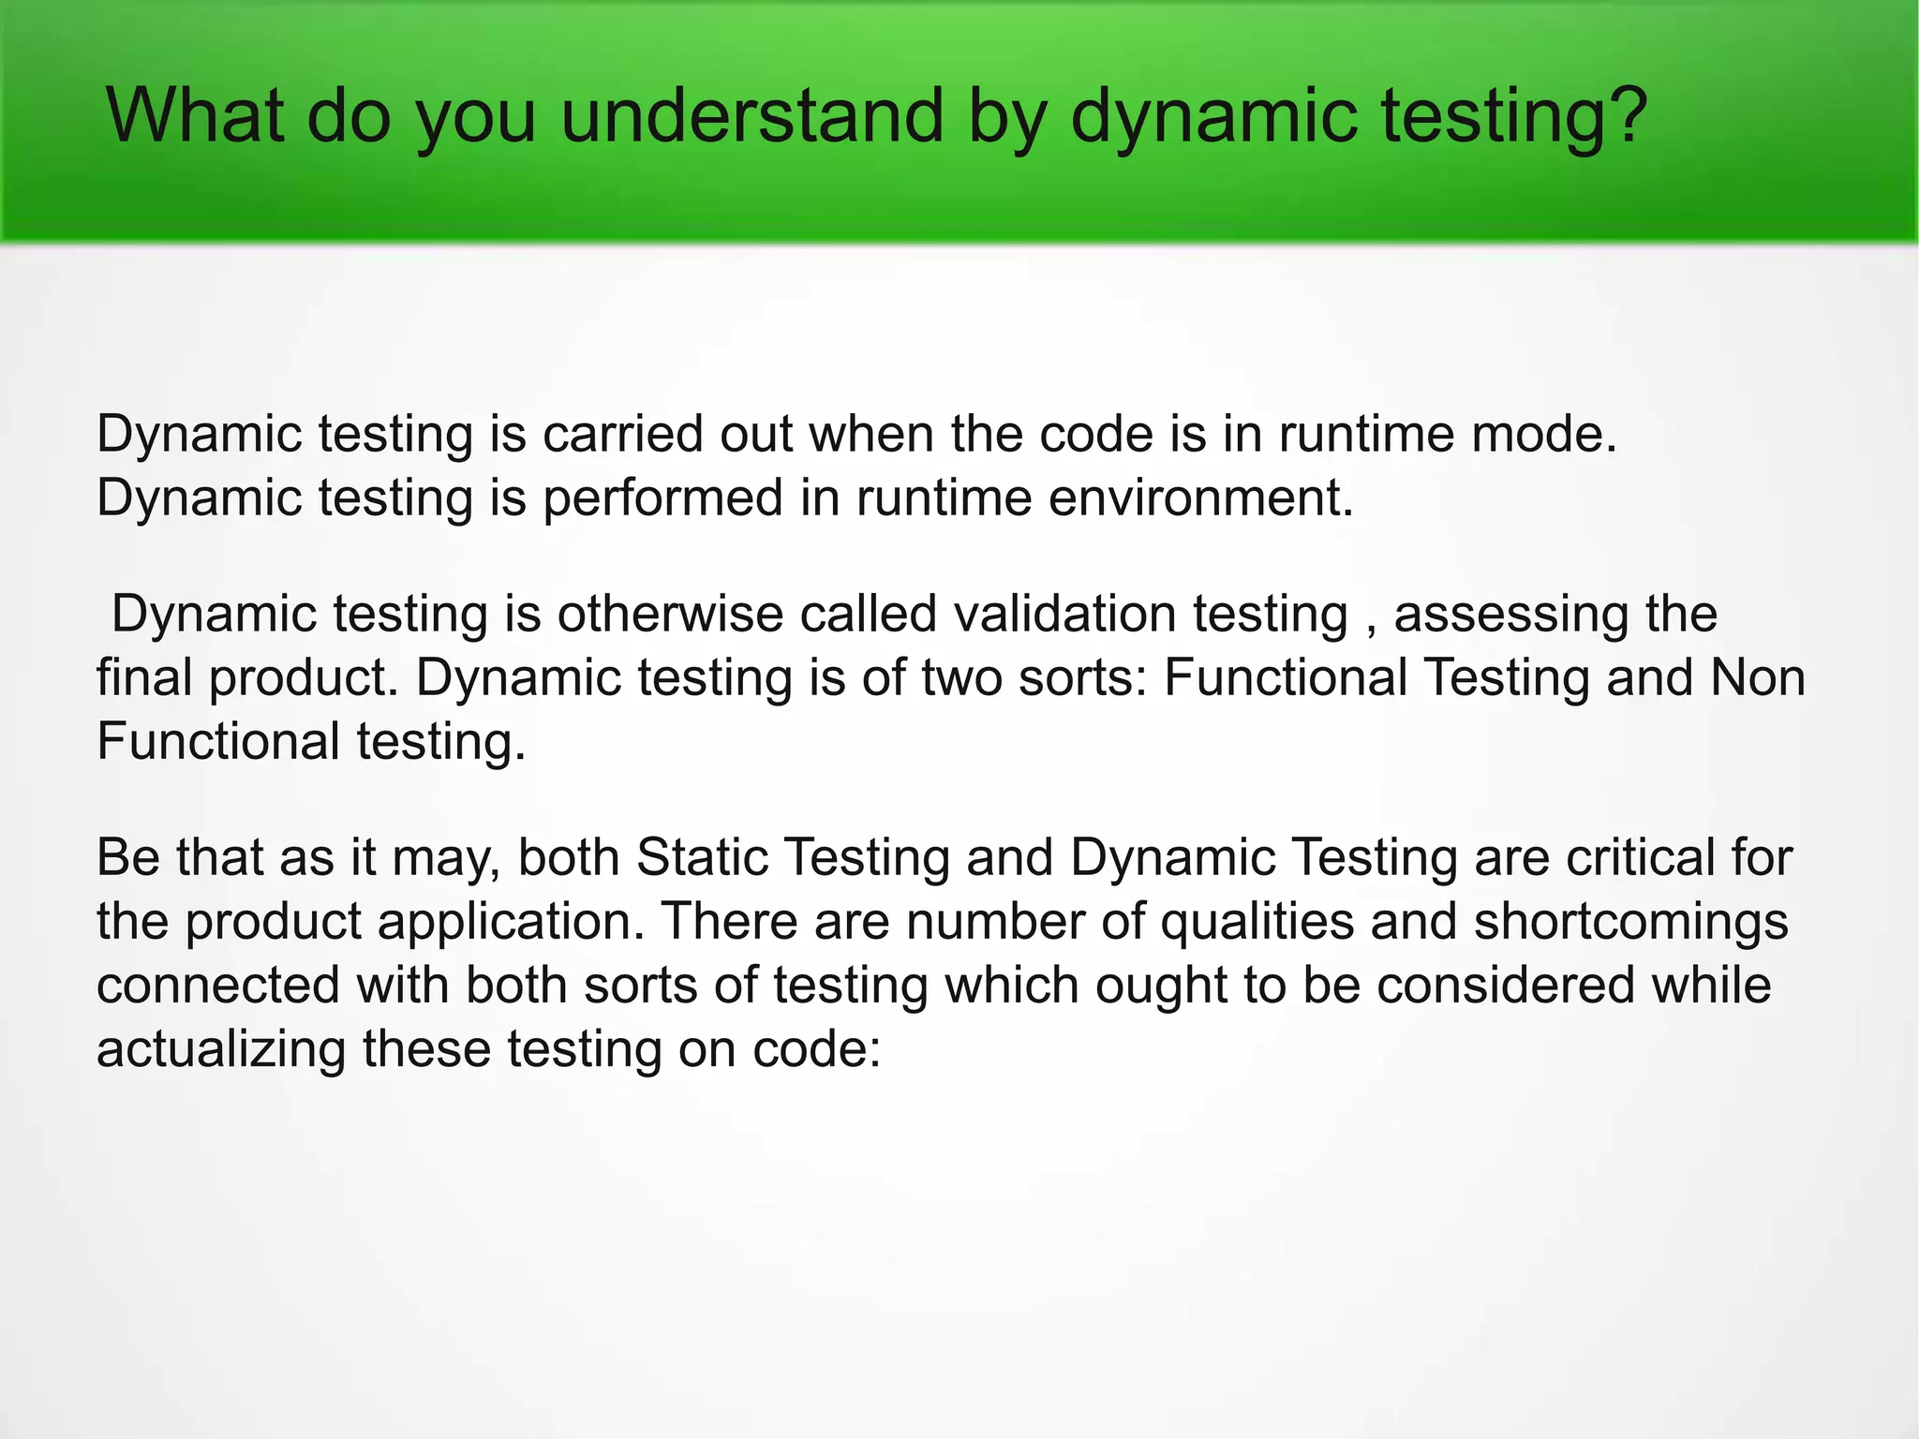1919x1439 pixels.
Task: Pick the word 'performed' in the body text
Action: [662, 497]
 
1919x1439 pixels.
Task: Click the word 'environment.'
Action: [1200, 497]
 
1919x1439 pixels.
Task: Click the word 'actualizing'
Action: [221, 1049]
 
